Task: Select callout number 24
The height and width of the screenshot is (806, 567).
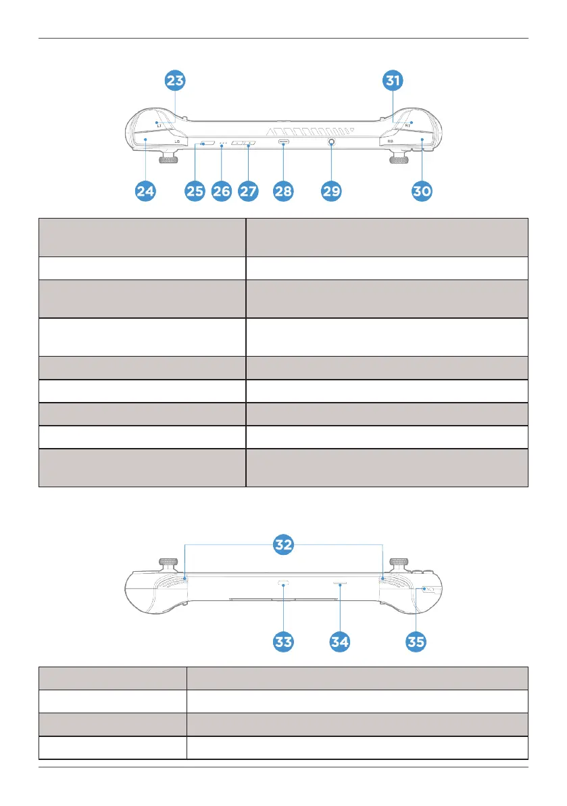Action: click(145, 192)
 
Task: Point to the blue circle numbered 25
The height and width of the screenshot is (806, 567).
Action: click(195, 192)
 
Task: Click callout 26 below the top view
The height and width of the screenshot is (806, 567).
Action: click(222, 192)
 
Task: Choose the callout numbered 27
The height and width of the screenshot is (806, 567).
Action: click(248, 192)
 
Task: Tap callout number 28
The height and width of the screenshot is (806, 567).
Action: click(283, 192)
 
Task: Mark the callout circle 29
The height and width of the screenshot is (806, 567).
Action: click(331, 192)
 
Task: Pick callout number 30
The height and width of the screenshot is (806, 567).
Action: click(422, 192)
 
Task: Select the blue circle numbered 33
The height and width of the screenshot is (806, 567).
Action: click(284, 642)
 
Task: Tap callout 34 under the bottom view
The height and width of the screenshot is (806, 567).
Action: click(340, 642)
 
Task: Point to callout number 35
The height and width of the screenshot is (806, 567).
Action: click(416, 642)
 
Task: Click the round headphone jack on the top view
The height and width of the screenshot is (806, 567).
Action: click(332, 143)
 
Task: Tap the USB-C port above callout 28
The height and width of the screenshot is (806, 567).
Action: click(283, 143)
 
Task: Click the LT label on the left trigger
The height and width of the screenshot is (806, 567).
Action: click(159, 126)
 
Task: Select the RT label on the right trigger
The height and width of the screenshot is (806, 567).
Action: click(408, 126)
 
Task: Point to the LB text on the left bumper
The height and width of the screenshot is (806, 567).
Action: click(176, 141)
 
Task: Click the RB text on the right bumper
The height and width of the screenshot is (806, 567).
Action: click(391, 141)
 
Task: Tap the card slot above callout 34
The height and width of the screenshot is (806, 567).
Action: click(340, 581)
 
